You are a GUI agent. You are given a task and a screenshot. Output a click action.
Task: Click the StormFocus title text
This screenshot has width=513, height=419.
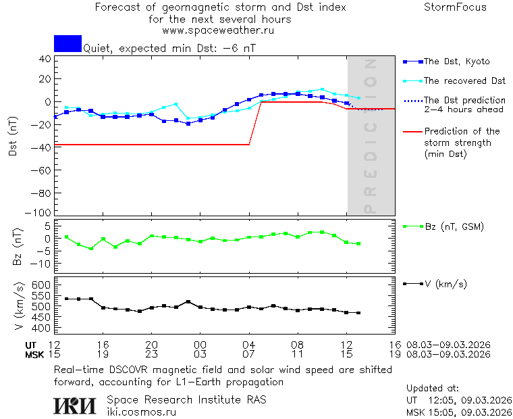pos(455,7)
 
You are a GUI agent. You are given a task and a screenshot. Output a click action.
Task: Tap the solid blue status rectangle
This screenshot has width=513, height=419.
pos(67,43)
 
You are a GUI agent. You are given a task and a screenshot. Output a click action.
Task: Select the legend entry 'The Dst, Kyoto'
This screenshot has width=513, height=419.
pos(456,61)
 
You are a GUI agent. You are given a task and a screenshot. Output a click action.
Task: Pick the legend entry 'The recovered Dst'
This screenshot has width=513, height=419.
pos(464,80)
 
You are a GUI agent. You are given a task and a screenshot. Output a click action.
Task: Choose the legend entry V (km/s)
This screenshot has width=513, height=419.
pos(445,284)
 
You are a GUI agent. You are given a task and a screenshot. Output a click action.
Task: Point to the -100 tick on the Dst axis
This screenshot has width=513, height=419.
pos(41,213)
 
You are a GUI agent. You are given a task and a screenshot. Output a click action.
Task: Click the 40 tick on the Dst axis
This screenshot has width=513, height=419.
pos(45,59)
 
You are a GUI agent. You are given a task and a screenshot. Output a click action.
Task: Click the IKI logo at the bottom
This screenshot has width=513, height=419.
pos(76,405)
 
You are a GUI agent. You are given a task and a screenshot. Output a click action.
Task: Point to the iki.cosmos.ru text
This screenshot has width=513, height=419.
pos(141,412)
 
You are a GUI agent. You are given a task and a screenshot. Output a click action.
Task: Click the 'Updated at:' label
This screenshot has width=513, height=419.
pos(433,389)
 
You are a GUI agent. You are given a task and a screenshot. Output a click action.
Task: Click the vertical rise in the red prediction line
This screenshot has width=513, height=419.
pos(255,123)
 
